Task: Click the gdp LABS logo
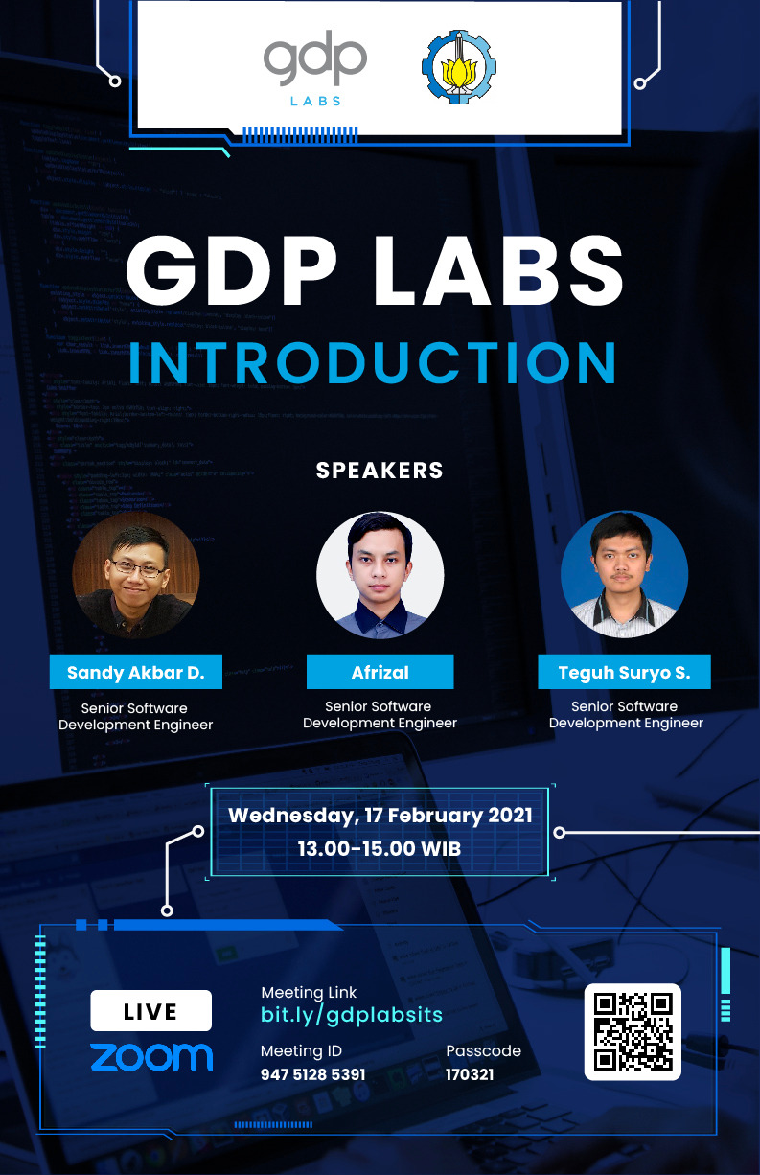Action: (314, 68)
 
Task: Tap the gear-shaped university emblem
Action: (459, 67)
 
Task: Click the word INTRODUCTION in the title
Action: (373, 362)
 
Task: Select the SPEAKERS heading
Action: (380, 471)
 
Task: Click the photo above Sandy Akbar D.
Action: (136, 574)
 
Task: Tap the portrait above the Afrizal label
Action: (380, 575)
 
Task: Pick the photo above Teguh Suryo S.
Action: (624, 574)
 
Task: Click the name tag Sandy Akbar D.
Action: (136, 672)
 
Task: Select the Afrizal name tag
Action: (380, 672)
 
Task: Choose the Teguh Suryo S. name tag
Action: (624, 672)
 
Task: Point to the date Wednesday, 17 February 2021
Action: (380, 816)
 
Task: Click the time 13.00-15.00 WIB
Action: (380, 849)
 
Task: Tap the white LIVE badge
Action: (151, 1010)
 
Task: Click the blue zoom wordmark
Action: (151, 1057)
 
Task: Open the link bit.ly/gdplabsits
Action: (352, 1015)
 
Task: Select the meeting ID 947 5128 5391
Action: (312, 1074)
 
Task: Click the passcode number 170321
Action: (470, 1074)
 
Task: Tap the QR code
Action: (633, 1032)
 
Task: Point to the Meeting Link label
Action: (309, 993)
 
